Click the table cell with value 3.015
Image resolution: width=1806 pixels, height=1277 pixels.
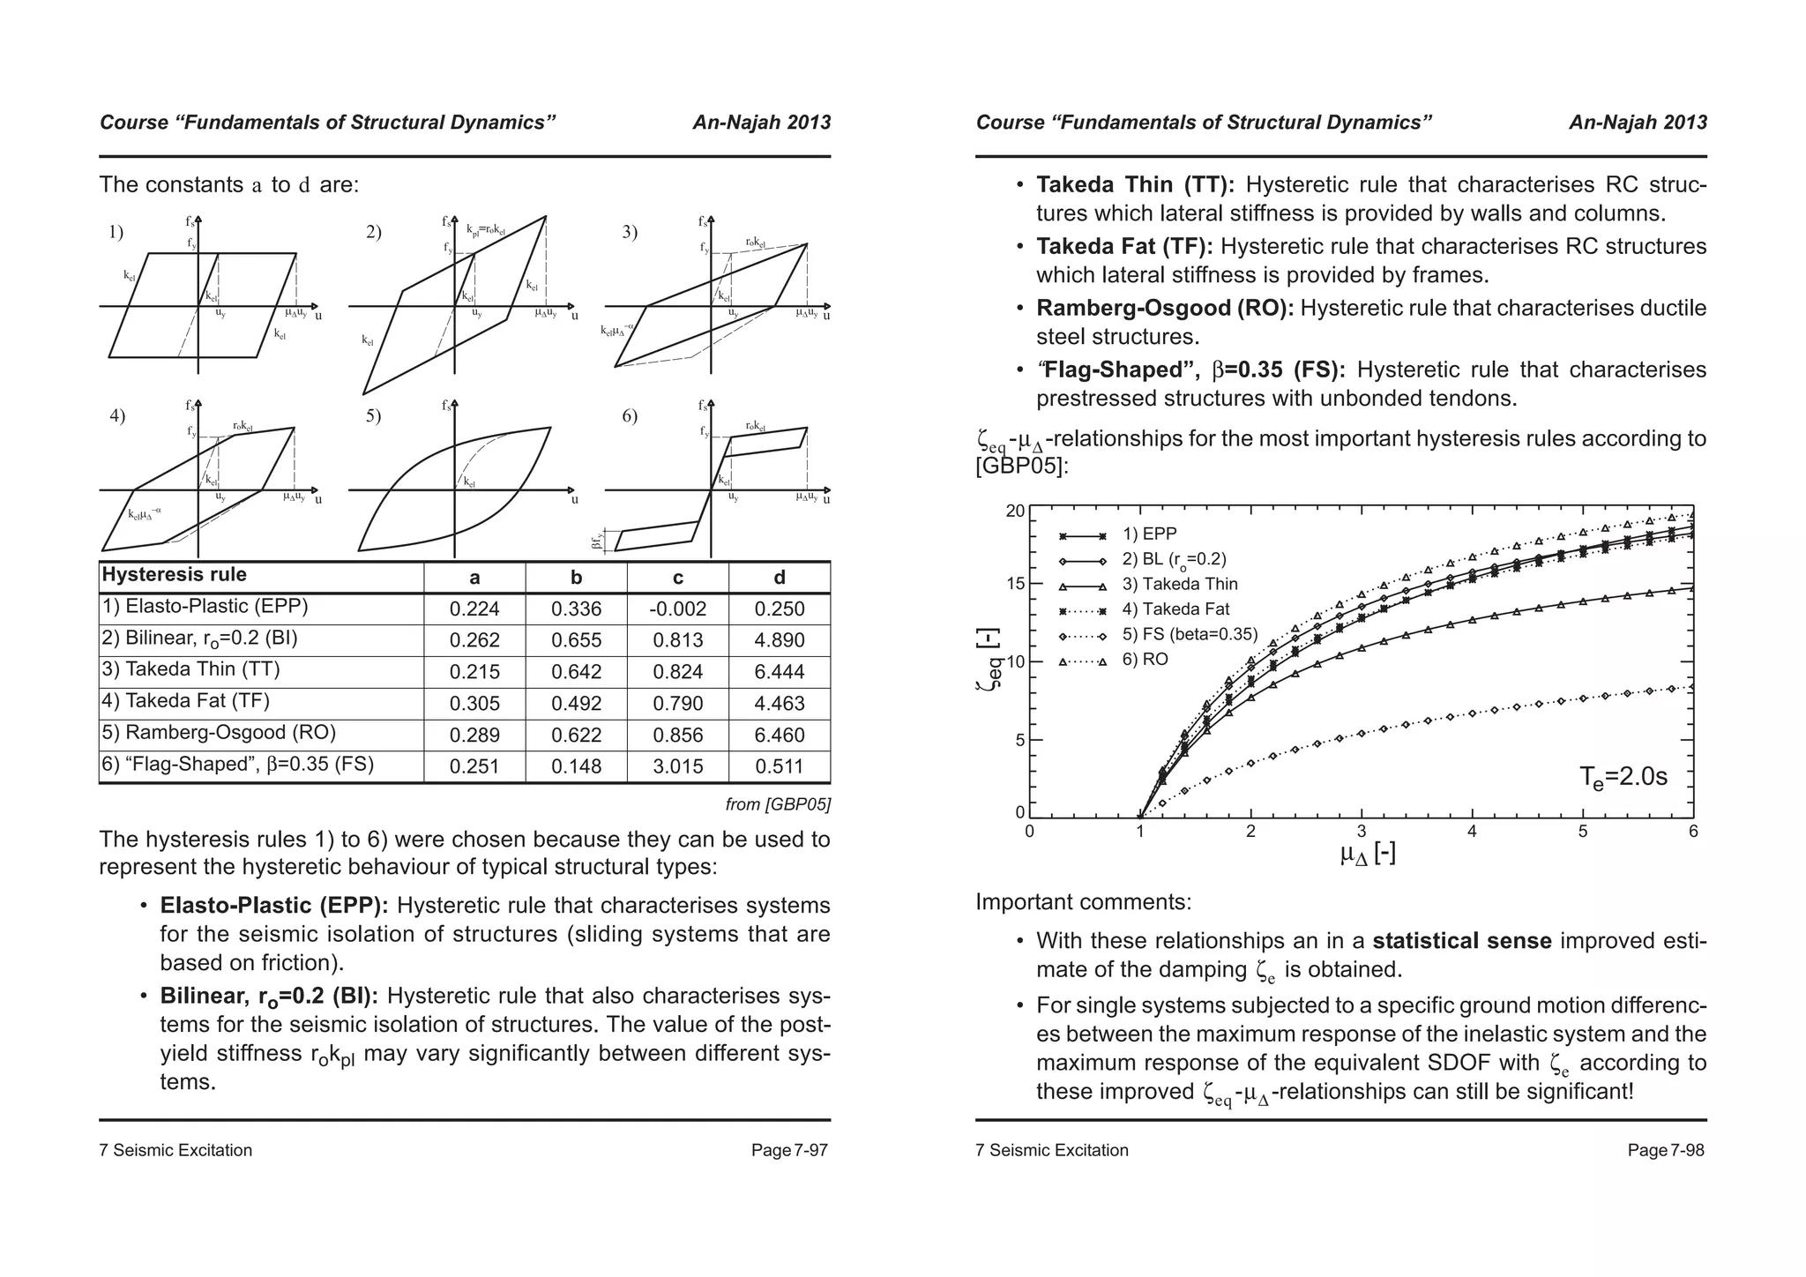pyautogui.click(x=677, y=767)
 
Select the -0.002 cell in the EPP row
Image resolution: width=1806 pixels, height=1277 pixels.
pyautogui.click(x=677, y=609)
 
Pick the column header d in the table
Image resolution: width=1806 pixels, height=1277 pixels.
pyautogui.click(x=779, y=579)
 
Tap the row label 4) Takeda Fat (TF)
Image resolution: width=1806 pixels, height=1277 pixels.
pyautogui.click(x=186, y=701)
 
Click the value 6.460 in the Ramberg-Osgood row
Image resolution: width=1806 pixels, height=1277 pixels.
pyautogui.click(x=779, y=736)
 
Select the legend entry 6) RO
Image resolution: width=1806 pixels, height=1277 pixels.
pyautogui.click(x=1145, y=660)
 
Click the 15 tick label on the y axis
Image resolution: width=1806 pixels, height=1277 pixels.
pyautogui.click(x=1015, y=585)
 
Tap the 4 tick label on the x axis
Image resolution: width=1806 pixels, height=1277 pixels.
pyautogui.click(x=1472, y=832)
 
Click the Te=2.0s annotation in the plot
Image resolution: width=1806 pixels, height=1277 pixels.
pyautogui.click(x=1623, y=777)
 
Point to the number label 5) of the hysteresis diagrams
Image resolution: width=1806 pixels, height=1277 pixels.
pyautogui.click(x=373, y=416)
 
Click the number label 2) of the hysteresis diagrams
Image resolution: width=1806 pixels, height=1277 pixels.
pyautogui.click(x=373, y=233)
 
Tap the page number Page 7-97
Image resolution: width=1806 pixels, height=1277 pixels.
pyautogui.click(x=789, y=1150)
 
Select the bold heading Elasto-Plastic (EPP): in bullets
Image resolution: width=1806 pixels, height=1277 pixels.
pyautogui.click(x=274, y=906)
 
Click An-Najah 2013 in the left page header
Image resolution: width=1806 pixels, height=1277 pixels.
pyautogui.click(x=761, y=123)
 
